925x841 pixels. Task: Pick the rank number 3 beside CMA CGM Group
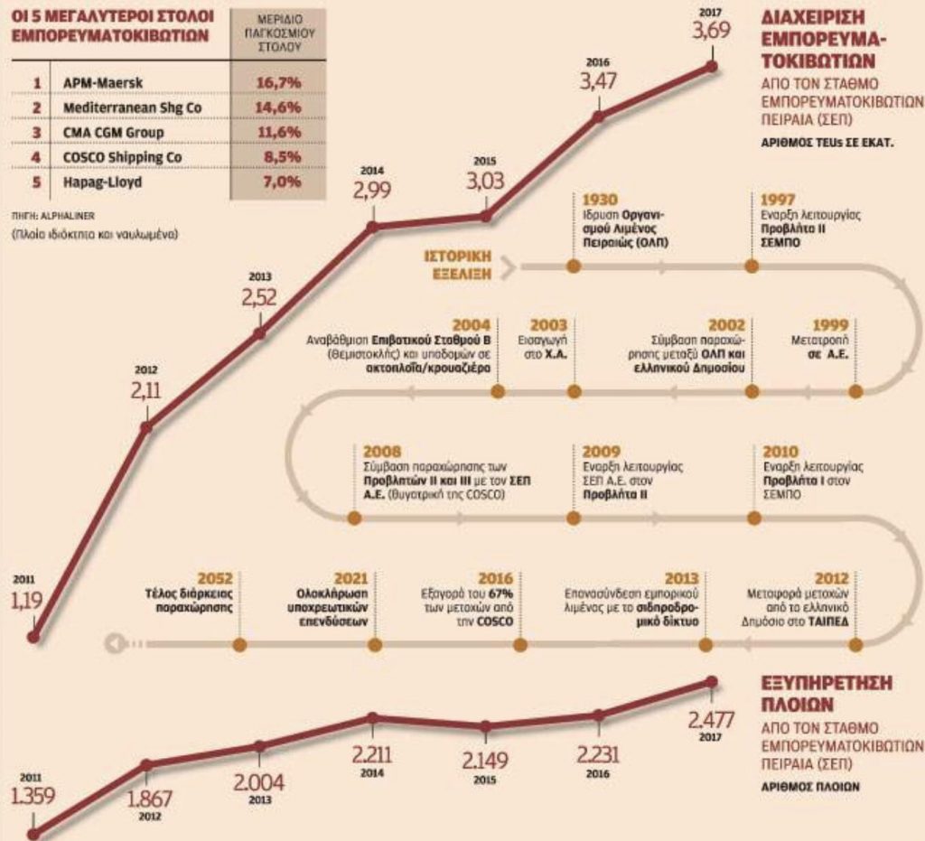[37, 133]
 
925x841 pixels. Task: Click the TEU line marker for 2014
[372, 227]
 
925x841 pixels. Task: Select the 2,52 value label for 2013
[259, 299]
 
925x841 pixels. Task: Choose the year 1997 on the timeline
[778, 199]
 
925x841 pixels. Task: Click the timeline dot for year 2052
[239, 644]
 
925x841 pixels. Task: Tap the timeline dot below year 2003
[571, 390]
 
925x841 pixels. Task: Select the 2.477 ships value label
[710, 720]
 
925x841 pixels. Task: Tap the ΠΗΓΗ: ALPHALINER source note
[51, 217]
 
